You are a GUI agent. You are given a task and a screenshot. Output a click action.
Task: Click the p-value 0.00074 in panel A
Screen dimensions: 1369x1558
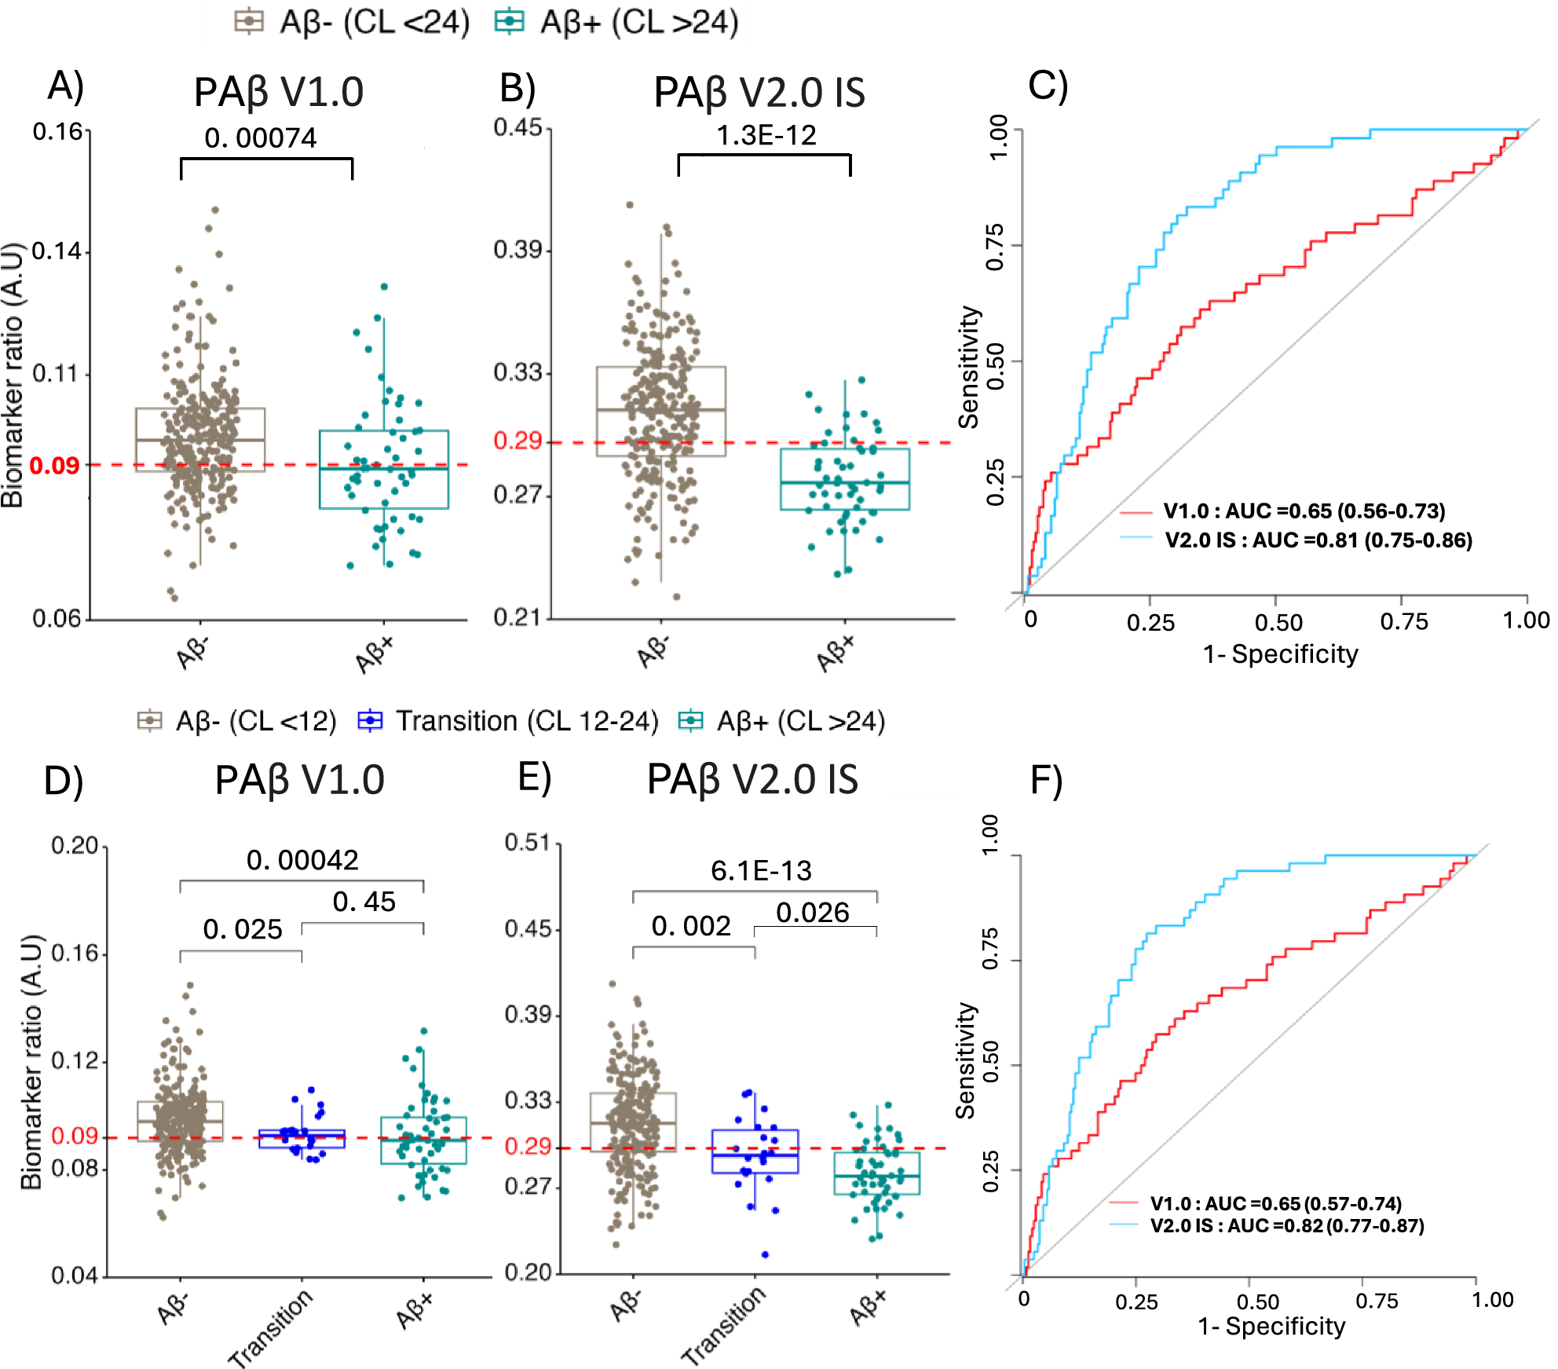click(260, 138)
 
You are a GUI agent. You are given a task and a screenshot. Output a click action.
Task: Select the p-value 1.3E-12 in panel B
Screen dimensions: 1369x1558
click(766, 135)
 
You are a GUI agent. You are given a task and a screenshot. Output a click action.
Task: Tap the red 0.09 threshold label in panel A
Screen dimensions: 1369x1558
click(54, 466)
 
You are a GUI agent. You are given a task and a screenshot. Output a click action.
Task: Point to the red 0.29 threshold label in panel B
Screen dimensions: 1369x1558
click(517, 441)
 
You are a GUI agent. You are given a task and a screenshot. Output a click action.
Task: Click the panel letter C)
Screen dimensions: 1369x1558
click(1048, 86)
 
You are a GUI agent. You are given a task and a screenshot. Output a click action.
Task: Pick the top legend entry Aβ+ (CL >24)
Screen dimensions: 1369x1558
click(617, 22)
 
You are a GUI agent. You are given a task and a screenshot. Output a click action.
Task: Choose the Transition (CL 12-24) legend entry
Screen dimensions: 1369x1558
click(508, 720)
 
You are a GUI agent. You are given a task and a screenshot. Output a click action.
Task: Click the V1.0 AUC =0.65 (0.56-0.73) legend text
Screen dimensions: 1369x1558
click(1303, 511)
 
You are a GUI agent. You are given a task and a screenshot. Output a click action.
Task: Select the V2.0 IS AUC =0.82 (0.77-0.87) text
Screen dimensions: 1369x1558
click(1286, 1225)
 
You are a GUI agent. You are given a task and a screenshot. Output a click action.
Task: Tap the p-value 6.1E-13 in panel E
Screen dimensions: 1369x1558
click(760, 870)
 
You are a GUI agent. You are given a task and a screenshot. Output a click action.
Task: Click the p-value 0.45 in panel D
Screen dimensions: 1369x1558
click(364, 902)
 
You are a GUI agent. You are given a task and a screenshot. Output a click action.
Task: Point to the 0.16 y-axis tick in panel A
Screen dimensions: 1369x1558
click(57, 131)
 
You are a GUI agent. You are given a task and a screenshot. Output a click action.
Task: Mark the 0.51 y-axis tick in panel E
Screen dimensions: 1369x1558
click(526, 843)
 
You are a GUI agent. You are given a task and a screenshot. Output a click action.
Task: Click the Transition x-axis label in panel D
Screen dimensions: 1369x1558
click(270, 1327)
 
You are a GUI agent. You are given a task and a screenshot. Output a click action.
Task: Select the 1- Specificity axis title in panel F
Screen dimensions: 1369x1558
click(1271, 1326)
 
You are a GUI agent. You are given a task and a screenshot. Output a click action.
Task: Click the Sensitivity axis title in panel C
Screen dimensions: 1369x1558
click(969, 367)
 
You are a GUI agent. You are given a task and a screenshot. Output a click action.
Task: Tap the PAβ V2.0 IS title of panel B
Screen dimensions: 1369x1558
click(759, 93)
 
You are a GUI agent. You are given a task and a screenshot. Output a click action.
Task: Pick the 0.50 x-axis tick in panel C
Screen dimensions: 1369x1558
click(1278, 623)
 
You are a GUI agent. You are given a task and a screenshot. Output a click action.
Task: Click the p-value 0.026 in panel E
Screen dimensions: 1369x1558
click(812, 913)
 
